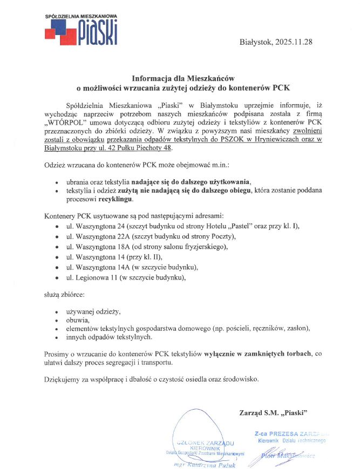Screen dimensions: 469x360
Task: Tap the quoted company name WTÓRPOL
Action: [x=64, y=122]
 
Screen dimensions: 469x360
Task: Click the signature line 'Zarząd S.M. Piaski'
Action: [x=273, y=413]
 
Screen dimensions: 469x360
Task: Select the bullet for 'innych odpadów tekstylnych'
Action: [x=57, y=338]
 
